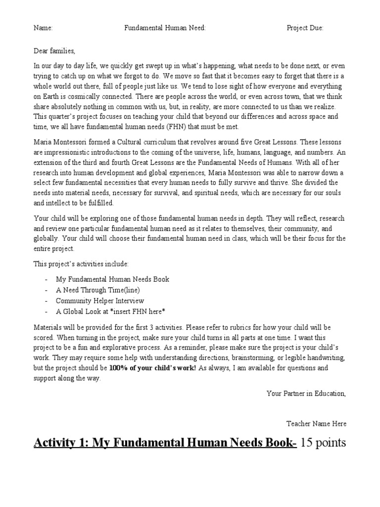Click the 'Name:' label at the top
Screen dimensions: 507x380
[43, 28]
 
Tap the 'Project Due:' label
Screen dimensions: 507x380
[305, 28]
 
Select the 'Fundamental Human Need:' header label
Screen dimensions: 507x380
[164, 28]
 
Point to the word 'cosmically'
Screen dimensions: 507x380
[98, 96]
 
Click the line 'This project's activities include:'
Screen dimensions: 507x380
[81, 264]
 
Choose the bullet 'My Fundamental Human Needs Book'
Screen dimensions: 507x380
[112, 279]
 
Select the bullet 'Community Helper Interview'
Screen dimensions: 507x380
[100, 301]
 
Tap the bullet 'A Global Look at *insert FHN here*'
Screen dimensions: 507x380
[110, 312]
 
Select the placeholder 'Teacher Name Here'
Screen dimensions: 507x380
[317, 423]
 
